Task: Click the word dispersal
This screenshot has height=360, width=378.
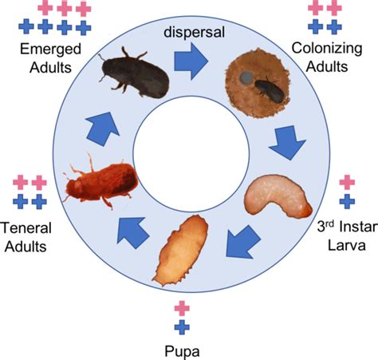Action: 195,32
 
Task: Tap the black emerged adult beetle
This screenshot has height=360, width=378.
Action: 135,73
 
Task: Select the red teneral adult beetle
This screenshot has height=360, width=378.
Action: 101,181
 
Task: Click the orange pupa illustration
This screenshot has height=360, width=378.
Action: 180,250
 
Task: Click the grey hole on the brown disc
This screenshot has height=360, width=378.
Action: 247,77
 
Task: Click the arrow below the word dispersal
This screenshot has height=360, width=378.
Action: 191,61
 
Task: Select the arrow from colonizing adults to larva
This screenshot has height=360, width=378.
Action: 288,142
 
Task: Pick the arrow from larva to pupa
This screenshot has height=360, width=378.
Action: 242,242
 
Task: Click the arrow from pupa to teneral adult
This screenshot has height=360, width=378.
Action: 132,232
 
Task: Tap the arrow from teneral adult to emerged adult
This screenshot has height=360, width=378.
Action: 102,129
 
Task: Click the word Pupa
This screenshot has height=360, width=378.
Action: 182,351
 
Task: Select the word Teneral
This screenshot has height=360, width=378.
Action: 26,227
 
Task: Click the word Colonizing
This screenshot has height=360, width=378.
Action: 327,49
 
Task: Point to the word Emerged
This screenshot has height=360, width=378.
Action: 50,49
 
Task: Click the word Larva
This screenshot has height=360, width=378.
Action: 347,245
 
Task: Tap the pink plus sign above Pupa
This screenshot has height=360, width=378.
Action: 182,308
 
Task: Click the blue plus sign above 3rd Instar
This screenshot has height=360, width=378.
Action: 347,201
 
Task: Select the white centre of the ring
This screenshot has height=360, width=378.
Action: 191,154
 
